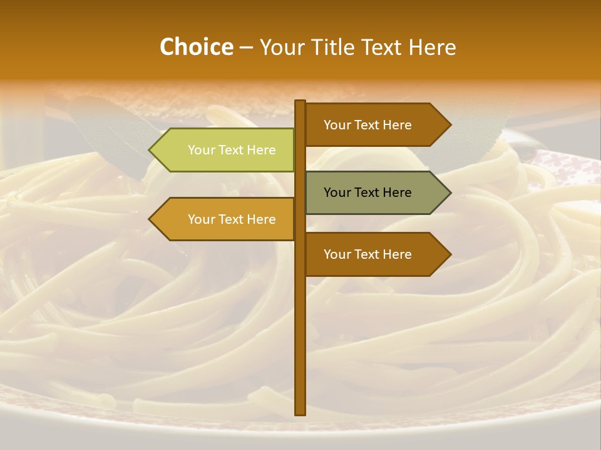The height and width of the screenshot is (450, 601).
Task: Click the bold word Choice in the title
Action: click(196, 47)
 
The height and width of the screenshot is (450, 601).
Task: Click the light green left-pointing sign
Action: click(225, 150)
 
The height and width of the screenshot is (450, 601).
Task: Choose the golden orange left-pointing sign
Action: click(225, 219)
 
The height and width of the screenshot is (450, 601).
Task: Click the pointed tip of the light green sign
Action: click(151, 150)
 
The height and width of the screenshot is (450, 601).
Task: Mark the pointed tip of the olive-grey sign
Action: click(449, 192)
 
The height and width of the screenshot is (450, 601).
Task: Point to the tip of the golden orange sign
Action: click(151, 219)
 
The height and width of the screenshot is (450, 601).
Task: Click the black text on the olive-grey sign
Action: click(367, 192)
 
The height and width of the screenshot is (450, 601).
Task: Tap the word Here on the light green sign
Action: click(261, 150)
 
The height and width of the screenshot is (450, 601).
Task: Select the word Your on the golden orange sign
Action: click(200, 219)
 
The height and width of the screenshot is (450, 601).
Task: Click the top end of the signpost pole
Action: click(300, 102)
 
